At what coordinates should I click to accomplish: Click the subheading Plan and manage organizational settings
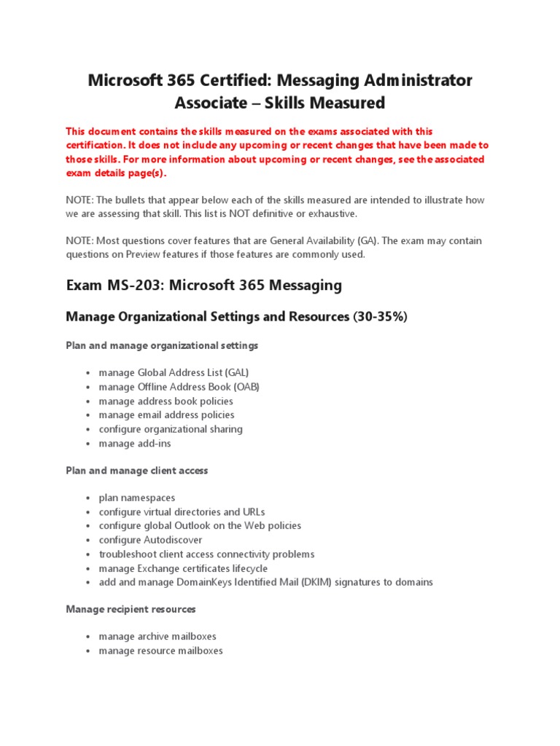tap(162, 345)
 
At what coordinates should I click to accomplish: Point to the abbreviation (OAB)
tap(244, 387)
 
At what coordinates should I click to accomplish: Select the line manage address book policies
tap(166, 401)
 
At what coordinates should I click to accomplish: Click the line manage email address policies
tap(167, 415)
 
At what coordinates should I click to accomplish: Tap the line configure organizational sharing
tap(171, 429)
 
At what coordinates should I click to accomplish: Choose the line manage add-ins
tap(135, 444)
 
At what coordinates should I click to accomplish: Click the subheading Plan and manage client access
tap(137, 471)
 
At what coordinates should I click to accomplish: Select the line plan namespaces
tap(137, 498)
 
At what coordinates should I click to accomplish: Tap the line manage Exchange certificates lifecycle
tap(183, 568)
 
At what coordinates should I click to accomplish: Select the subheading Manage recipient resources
tap(131, 609)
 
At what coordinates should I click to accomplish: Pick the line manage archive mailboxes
tap(157, 637)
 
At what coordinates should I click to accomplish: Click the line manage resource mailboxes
tap(161, 651)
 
